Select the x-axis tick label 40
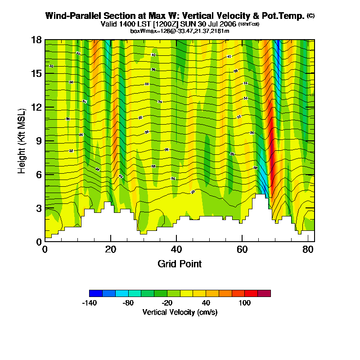tap(176, 249)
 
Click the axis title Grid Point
tap(180, 264)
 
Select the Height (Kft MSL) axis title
tap(22, 141)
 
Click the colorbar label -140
tap(90, 303)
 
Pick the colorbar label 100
tap(244, 303)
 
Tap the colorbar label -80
tap(128, 303)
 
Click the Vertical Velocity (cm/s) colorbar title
tap(180, 312)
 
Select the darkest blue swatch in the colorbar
tap(96, 293)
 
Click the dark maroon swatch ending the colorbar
tap(264, 293)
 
